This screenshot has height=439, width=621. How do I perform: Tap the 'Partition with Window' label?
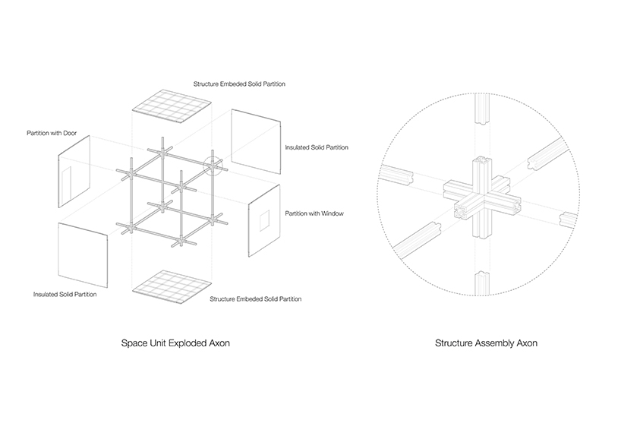point(314,213)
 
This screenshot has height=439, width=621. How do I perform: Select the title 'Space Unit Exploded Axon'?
point(175,343)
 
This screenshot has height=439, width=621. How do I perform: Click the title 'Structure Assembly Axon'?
point(486,343)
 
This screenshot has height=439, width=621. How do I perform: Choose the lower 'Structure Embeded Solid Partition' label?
point(255,299)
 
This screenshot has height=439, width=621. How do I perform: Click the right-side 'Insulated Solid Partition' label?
point(317,147)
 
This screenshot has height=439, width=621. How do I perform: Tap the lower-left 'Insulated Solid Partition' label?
point(65,294)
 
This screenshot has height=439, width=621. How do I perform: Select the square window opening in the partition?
point(263,221)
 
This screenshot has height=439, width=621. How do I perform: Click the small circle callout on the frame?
point(213,165)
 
